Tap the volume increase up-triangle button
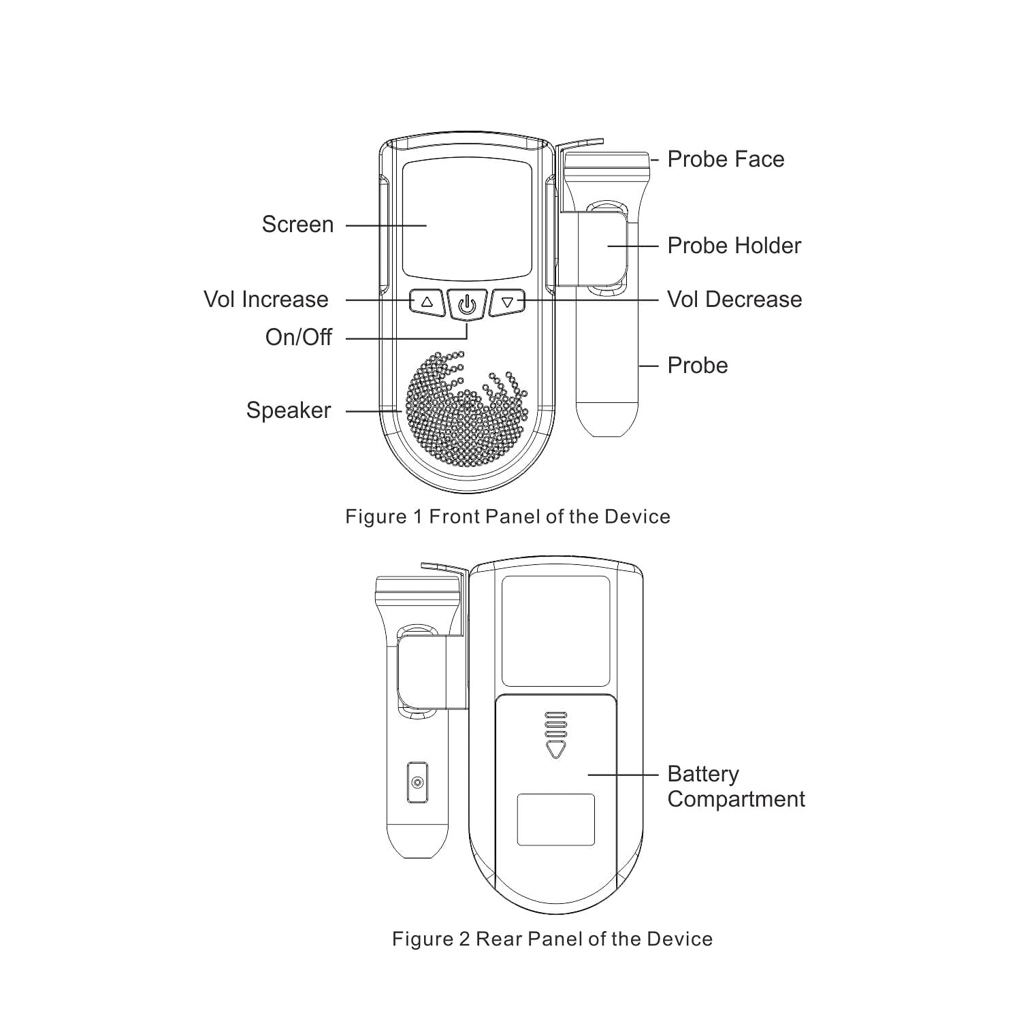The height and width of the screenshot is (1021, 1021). (427, 302)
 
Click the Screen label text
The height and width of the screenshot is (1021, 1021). (297, 225)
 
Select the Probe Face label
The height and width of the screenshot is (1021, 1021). (726, 159)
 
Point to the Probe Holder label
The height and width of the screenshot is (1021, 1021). (734, 246)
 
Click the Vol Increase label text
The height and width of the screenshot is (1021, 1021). (266, 299)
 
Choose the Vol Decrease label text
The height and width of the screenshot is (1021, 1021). (734, 299)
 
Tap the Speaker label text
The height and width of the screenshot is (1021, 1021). (289, 410)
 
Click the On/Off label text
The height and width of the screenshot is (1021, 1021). (299, 337)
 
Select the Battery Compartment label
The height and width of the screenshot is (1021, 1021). (736, 786)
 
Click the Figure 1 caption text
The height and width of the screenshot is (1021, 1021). (508, 517)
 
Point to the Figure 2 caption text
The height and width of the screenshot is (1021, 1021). (552, 939)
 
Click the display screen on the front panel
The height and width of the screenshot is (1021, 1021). (467, 219)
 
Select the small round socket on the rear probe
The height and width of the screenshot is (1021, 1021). (418, 782)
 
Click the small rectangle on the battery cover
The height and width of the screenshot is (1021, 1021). (556, 820)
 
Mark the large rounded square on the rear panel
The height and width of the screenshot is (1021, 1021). (556, 631)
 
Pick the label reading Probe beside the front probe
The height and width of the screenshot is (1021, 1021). (698, 366)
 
